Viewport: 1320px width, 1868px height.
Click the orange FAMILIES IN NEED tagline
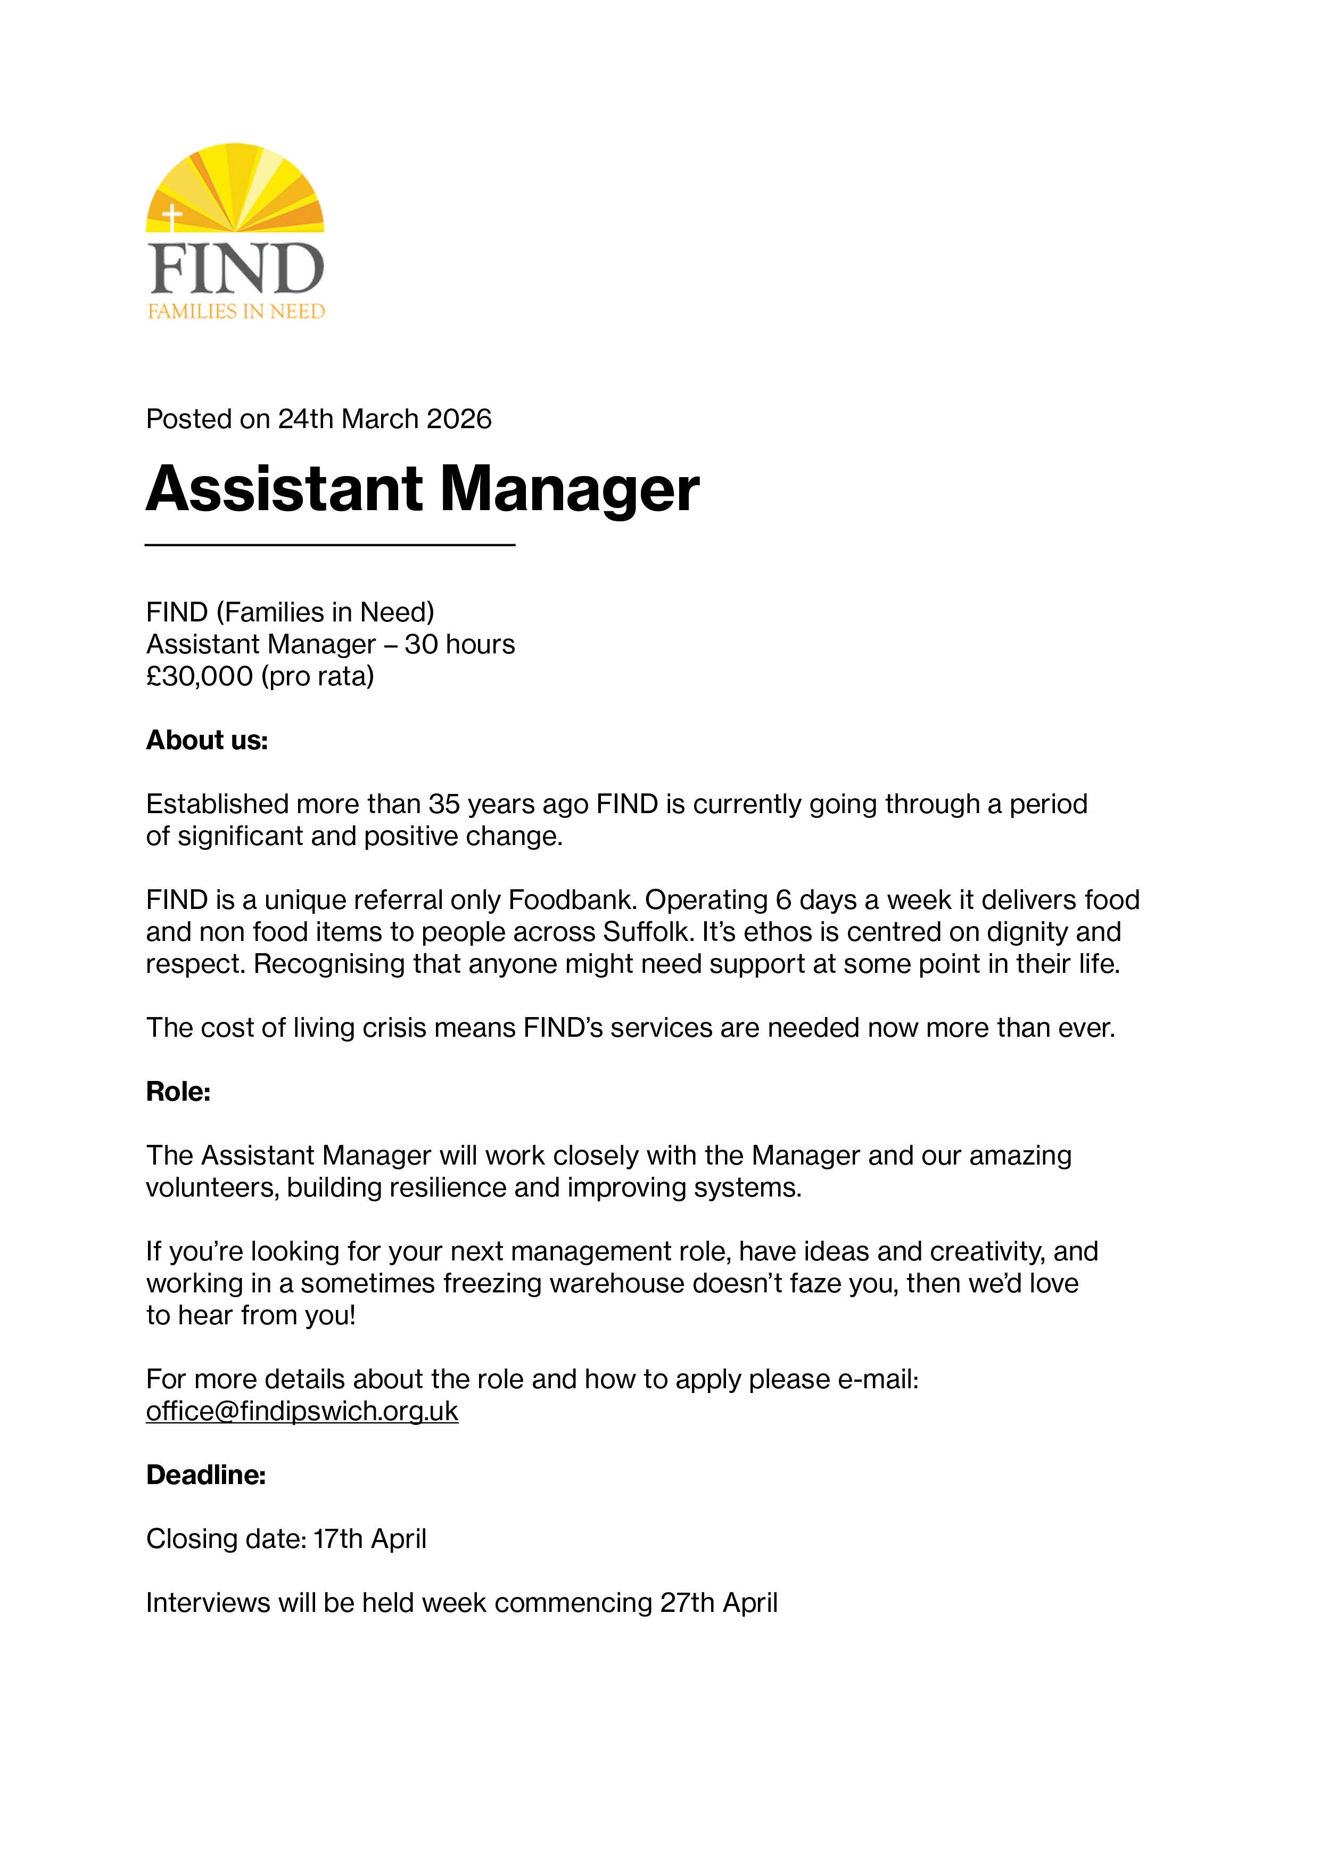point(236,311)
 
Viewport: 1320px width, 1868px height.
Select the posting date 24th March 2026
point(385,419)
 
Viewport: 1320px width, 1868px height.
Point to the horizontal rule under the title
point(329,544)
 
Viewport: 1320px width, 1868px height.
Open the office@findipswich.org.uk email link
point(302,1412)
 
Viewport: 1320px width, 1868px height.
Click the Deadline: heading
point(206,1475)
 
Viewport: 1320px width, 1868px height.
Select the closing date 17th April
point(370,1539)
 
